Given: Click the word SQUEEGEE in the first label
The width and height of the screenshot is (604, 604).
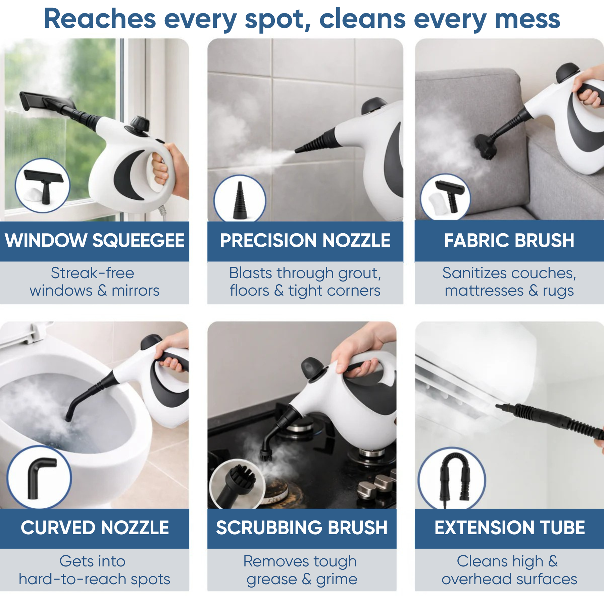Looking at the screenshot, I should click(x=138, y=241).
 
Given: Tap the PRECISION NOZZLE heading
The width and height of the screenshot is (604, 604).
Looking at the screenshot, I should click(x=305, y=241).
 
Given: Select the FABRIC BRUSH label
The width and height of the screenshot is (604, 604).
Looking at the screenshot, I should click(x=509, y=241).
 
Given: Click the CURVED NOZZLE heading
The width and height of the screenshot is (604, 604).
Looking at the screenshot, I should click(x=95, y=528).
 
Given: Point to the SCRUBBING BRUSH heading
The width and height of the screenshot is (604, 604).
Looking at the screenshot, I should click(x=302, y=528).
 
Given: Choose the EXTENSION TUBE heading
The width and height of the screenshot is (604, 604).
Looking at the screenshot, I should click(x=509, y=528).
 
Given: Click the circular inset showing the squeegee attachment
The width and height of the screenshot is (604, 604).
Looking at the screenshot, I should click(x=43, y=186).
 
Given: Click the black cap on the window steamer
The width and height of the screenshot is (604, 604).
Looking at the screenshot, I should click(x=140, y=124).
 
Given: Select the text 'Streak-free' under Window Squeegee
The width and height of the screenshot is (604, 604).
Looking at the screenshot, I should click(x=93, y=273).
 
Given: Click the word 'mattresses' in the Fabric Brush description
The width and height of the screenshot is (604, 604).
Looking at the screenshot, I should click(x=484, y=291).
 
